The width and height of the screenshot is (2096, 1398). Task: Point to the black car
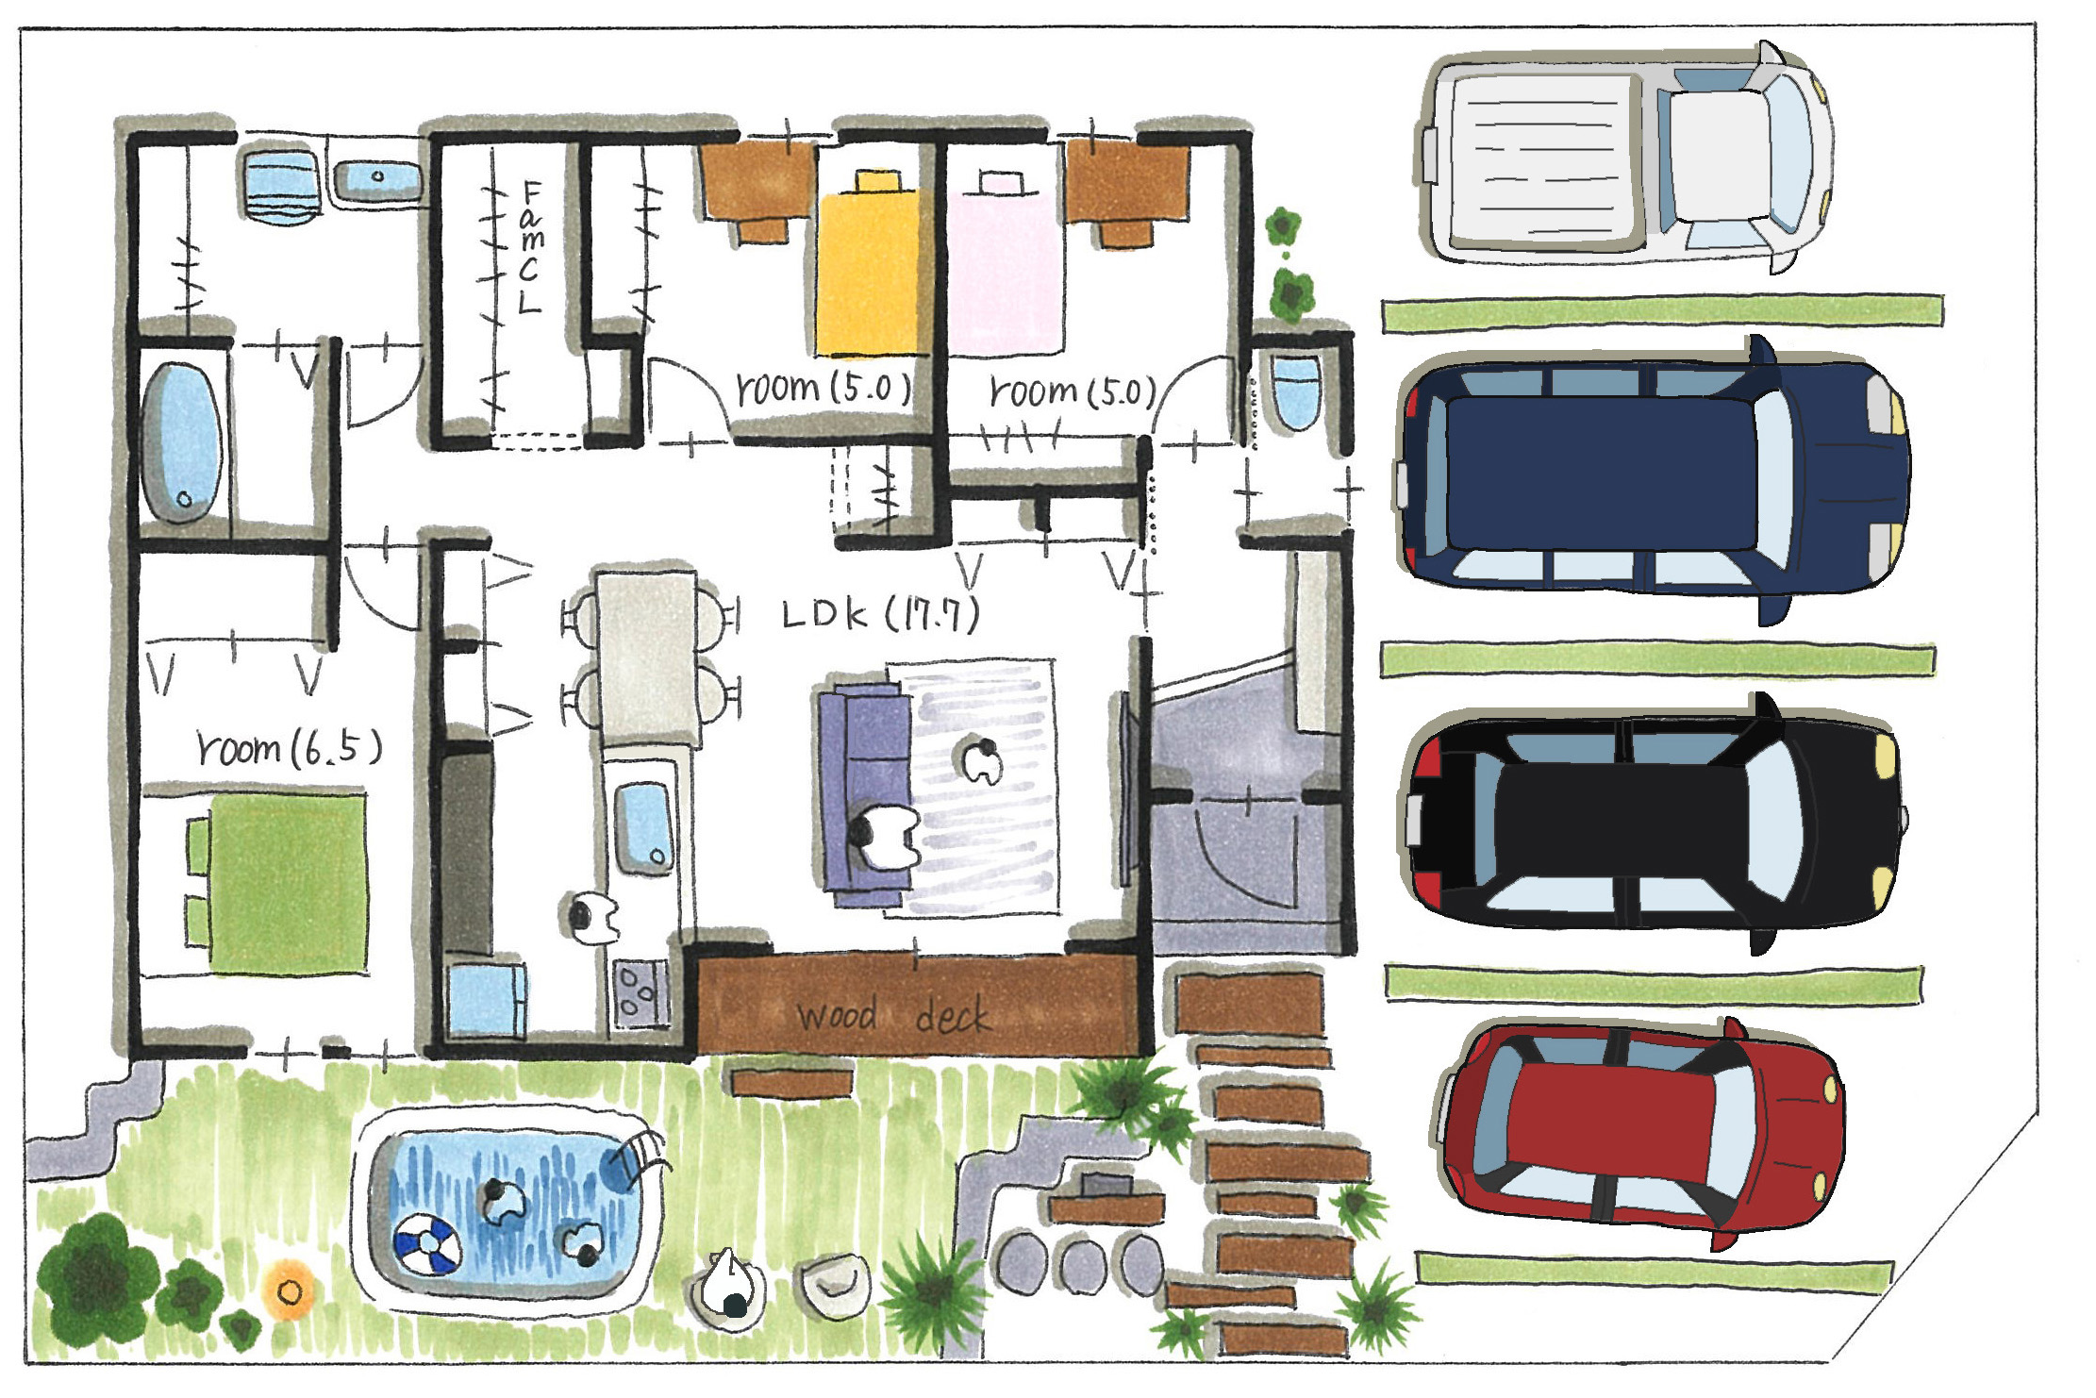tap(1651, 821)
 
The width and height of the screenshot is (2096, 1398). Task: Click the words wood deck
tap(892, 1015)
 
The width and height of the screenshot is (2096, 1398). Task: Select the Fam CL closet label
tap(531, 248)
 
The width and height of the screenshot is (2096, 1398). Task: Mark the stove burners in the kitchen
tap(640, 993)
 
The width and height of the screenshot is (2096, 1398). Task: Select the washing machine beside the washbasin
tap(279, 191)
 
